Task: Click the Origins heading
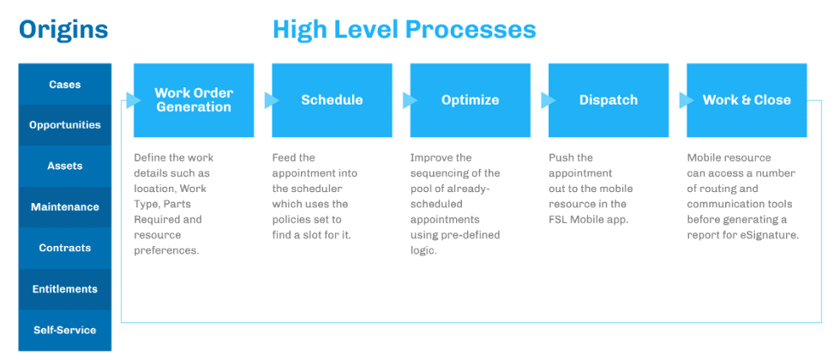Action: click(63, 29)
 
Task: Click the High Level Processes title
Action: click(405, 29)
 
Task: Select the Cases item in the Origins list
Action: click(65, 84)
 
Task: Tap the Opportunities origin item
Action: click(65, 125)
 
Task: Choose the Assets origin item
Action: click(65, 166)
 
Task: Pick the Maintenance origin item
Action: click(65, 207)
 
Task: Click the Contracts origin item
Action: click(65, 248)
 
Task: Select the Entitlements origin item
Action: click(65, 290)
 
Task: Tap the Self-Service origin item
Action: click(65, 330)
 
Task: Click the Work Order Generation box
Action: click(194, 100)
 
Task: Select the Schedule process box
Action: click(333, 100)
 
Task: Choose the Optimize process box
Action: click(471, 100)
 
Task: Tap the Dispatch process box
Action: click(609, 100)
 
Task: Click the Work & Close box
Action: click(747, 100)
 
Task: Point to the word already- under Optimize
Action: click(479, 189)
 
